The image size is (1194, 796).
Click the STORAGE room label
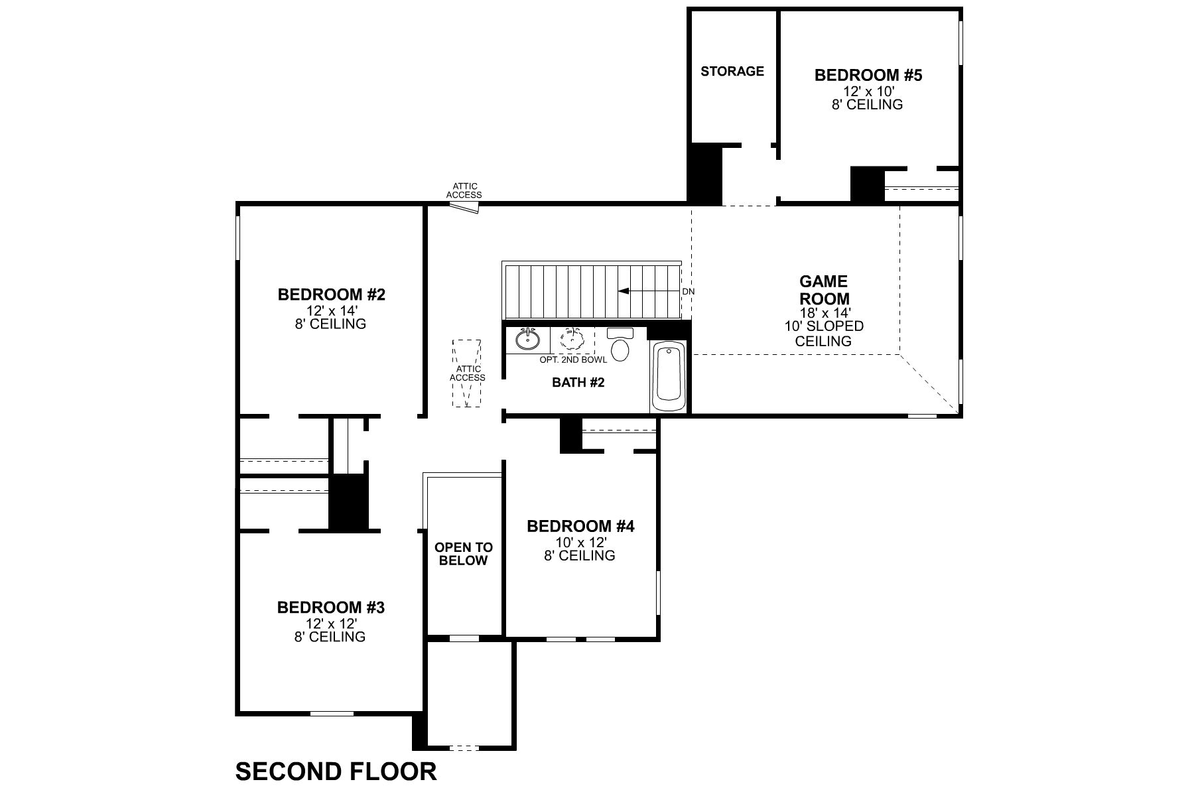pyautogui.click(x=732, y=71)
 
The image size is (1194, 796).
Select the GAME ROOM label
pyautogui.click(x=824, y=291)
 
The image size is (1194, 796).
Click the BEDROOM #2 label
pyautogui.click(x=331, y=294)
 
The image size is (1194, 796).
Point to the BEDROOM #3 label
pyautogui.click(x=330, y=607)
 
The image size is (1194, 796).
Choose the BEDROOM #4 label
pyautogui.click(x=580, y=526)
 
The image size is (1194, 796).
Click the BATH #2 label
pyautogui.click(x=578, y=383)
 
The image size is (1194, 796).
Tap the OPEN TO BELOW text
pyautogui.click(x=464, y=554)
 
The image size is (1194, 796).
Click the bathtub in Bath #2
pyautogui.click(x=669, y=377)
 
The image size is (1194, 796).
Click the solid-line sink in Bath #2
pyautogui.click(x=528, y=339)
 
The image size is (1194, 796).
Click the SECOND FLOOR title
pyautogui.click(x=336, y=771)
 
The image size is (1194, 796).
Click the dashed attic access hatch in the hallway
pyautogui.click(x=467, y=373)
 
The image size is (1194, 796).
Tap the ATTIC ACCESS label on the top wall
pyautogui.click(x=464, y=191)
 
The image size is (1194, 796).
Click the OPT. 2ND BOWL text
pyautogui.click(x=573, y=360)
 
